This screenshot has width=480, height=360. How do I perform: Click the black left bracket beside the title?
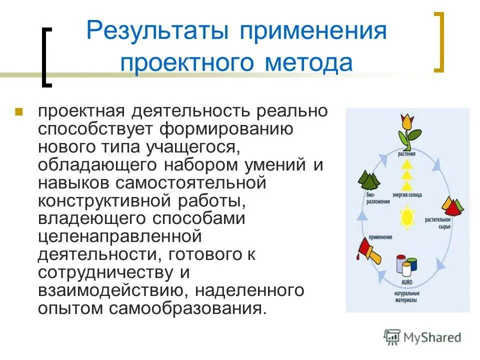click(x=46, y=58)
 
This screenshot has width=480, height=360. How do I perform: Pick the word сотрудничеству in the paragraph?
click(x=106, y=272)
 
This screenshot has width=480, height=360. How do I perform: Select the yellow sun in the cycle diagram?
click(x=407, y=217)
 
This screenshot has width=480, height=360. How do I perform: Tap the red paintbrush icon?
click(x=368, y=250)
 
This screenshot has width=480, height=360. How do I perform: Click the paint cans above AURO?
click(x=405, y=264)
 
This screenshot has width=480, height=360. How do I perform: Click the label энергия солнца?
click(x=407, y=194)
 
